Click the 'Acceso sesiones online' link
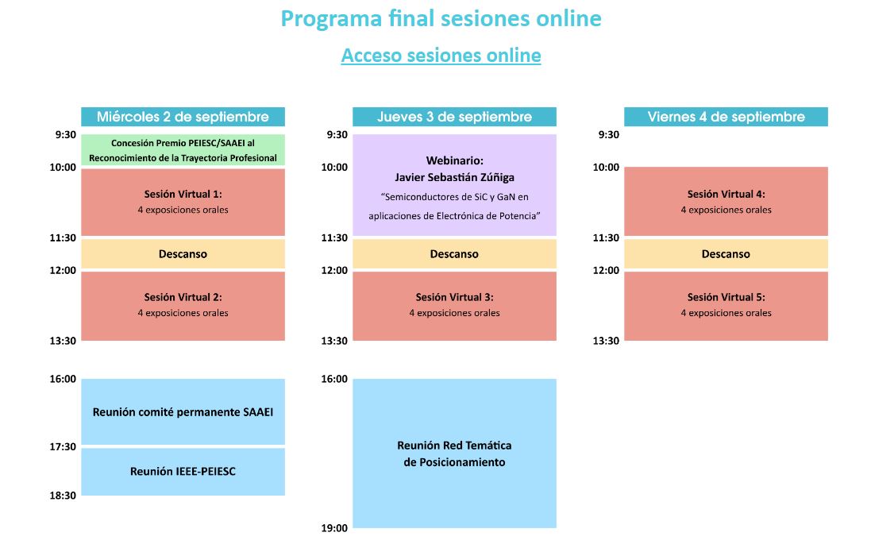tap(441, 56)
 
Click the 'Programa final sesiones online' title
tap(441, 18)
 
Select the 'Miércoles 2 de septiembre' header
tap(183, 117)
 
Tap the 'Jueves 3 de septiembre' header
tap(454, 117)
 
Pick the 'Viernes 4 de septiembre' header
tap(726, 117)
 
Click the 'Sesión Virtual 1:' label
tap(183, 194)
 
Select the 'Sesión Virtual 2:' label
tap(183, 297)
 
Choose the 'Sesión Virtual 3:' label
tap(454, 297)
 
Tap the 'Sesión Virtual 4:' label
tap(726, 194)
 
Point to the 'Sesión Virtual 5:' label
tap(726, 297)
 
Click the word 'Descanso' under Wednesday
tap(183, 254)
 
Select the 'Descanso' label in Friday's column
tap(726, 254)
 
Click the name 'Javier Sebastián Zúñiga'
tap(454, 177)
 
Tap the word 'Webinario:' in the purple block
tap(454, 160)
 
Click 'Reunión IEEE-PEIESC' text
tap(183, 471)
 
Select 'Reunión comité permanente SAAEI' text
tap(183, 412)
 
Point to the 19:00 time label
tap(334, 529)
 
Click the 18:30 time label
tap(63, 496)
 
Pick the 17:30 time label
tap(63, 447)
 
